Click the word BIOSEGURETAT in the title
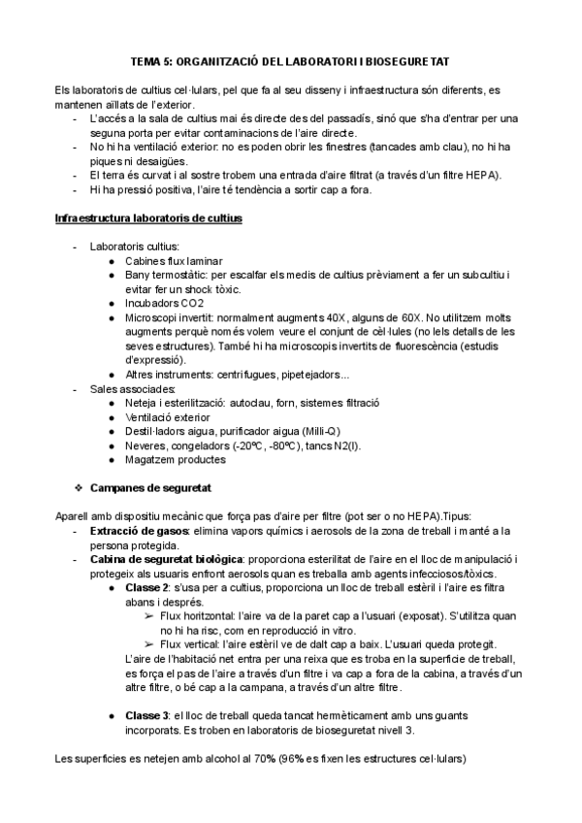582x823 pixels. tap(403, 60)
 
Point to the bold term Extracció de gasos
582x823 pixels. tap(135, 532)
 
